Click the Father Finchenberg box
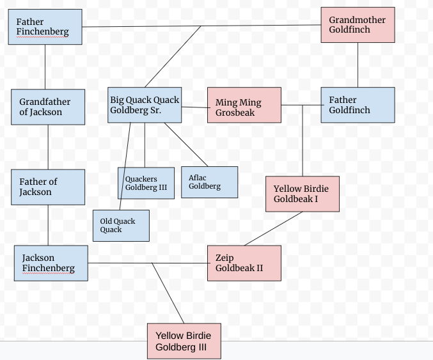pos(45,27)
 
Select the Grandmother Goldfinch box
pos(358,25)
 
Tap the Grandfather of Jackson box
pos(48,107)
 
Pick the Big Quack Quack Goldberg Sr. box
pos(145,105)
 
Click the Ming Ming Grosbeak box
pos(244,105)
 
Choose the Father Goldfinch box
pos(358,105)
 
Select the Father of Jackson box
pos(48,187)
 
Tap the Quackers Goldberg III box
pos(146,183)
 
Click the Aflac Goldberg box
pos(210,182)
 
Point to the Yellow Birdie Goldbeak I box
pos(303,194)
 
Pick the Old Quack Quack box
pos(122,226)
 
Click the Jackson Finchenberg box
pos(51,263)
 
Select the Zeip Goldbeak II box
pos(244,263)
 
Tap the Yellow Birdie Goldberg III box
pos(184,341)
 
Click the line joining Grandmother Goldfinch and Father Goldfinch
pos(358,65)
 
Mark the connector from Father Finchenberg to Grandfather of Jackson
pos(45,67)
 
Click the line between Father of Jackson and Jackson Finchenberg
pos(48,225)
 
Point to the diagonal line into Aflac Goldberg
pos(186,145)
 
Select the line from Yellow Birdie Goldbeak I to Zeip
pos(273,228)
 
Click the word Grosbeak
pos(235,113)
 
